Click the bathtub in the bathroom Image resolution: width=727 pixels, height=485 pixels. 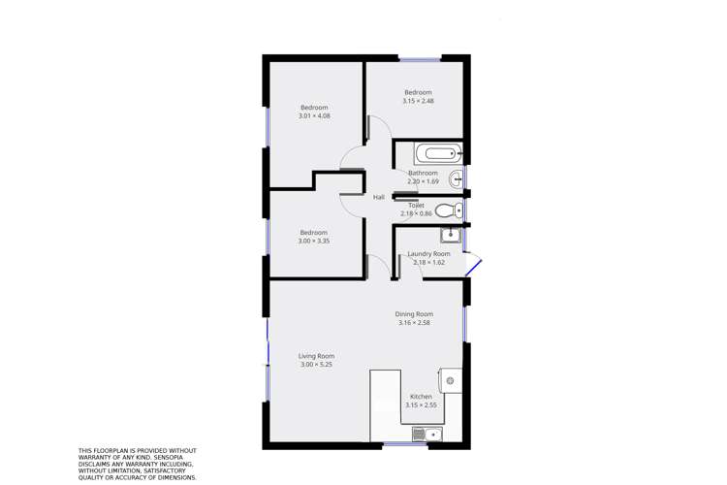click(438, 153)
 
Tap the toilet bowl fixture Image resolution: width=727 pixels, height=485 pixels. click(447, 210)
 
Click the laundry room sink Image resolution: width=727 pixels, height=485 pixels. click(450, 234)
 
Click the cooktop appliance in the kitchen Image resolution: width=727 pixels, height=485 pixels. click(451, 381)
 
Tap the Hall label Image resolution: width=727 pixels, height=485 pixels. click(379, 198)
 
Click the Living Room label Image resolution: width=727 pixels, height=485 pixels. click(316, 356)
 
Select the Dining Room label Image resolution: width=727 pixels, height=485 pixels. click(414, 314)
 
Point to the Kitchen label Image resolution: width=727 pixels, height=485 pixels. click(421, 397)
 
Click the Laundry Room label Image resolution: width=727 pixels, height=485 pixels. click(428, 254)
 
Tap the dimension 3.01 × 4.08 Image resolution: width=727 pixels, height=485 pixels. click(314, 116)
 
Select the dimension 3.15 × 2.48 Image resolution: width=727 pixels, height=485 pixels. click(418, 101)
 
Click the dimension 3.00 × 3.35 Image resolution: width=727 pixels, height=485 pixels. click(313, 242)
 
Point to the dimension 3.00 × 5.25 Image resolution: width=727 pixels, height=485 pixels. click(316, 365)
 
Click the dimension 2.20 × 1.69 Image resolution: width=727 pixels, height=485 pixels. click(423, 181)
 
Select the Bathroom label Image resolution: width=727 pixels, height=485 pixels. click(423, 173)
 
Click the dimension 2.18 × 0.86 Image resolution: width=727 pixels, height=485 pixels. click(416, 213)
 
